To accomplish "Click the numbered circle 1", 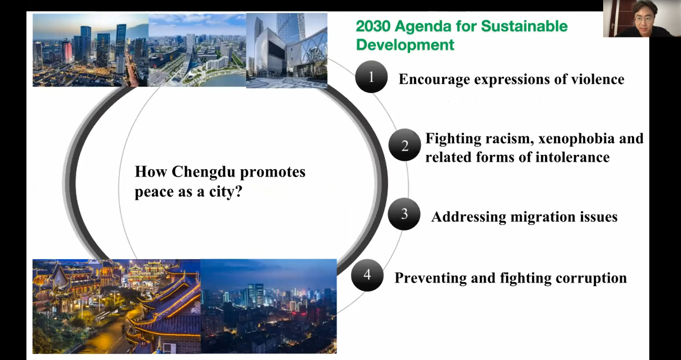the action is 371,76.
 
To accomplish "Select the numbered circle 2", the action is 405,145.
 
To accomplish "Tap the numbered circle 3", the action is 404,214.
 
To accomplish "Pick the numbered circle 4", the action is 367,275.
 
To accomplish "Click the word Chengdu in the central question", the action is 203,172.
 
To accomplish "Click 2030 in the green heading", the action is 373,26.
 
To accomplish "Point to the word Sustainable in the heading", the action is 524,26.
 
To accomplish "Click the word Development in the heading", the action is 405,45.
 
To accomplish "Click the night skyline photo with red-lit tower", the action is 91,50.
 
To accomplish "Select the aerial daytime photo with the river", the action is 198,50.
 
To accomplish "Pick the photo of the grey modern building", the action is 287,50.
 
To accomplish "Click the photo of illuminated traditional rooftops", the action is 116,307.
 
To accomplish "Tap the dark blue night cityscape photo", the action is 269,307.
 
